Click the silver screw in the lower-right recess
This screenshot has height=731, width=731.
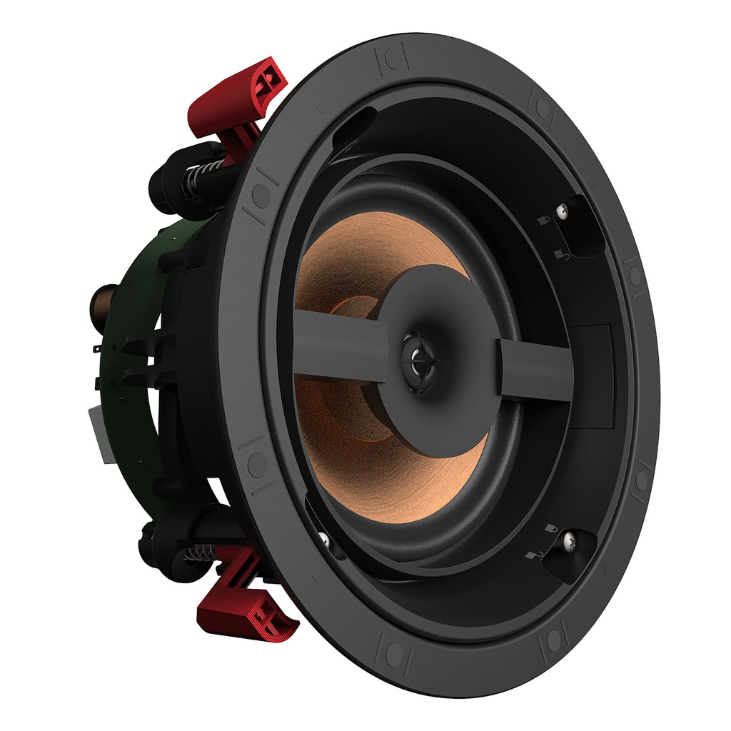(568, 542)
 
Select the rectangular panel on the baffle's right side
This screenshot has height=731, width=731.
(593, 375)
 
